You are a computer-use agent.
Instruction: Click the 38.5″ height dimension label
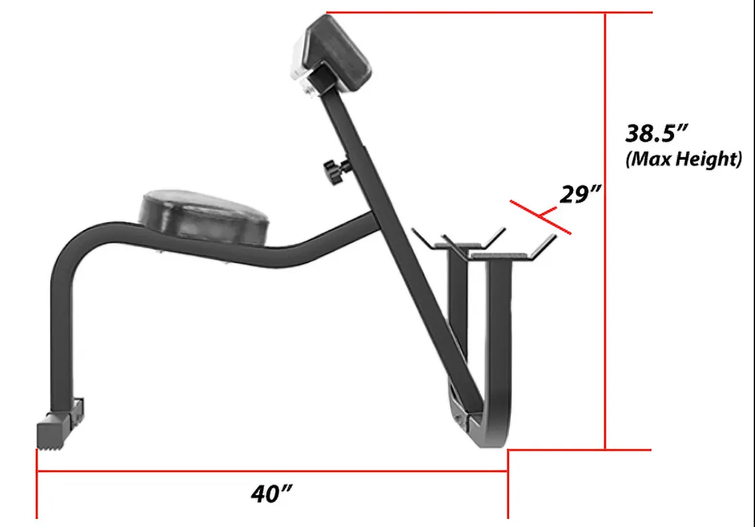click(656, 133)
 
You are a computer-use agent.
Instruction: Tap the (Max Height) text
click(684, 159)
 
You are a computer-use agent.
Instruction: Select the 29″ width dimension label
click(580, 194)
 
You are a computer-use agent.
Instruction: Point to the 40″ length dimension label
click(271, 493)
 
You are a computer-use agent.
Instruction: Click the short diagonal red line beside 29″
click(541, 217)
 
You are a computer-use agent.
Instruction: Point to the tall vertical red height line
click(605, 231)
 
